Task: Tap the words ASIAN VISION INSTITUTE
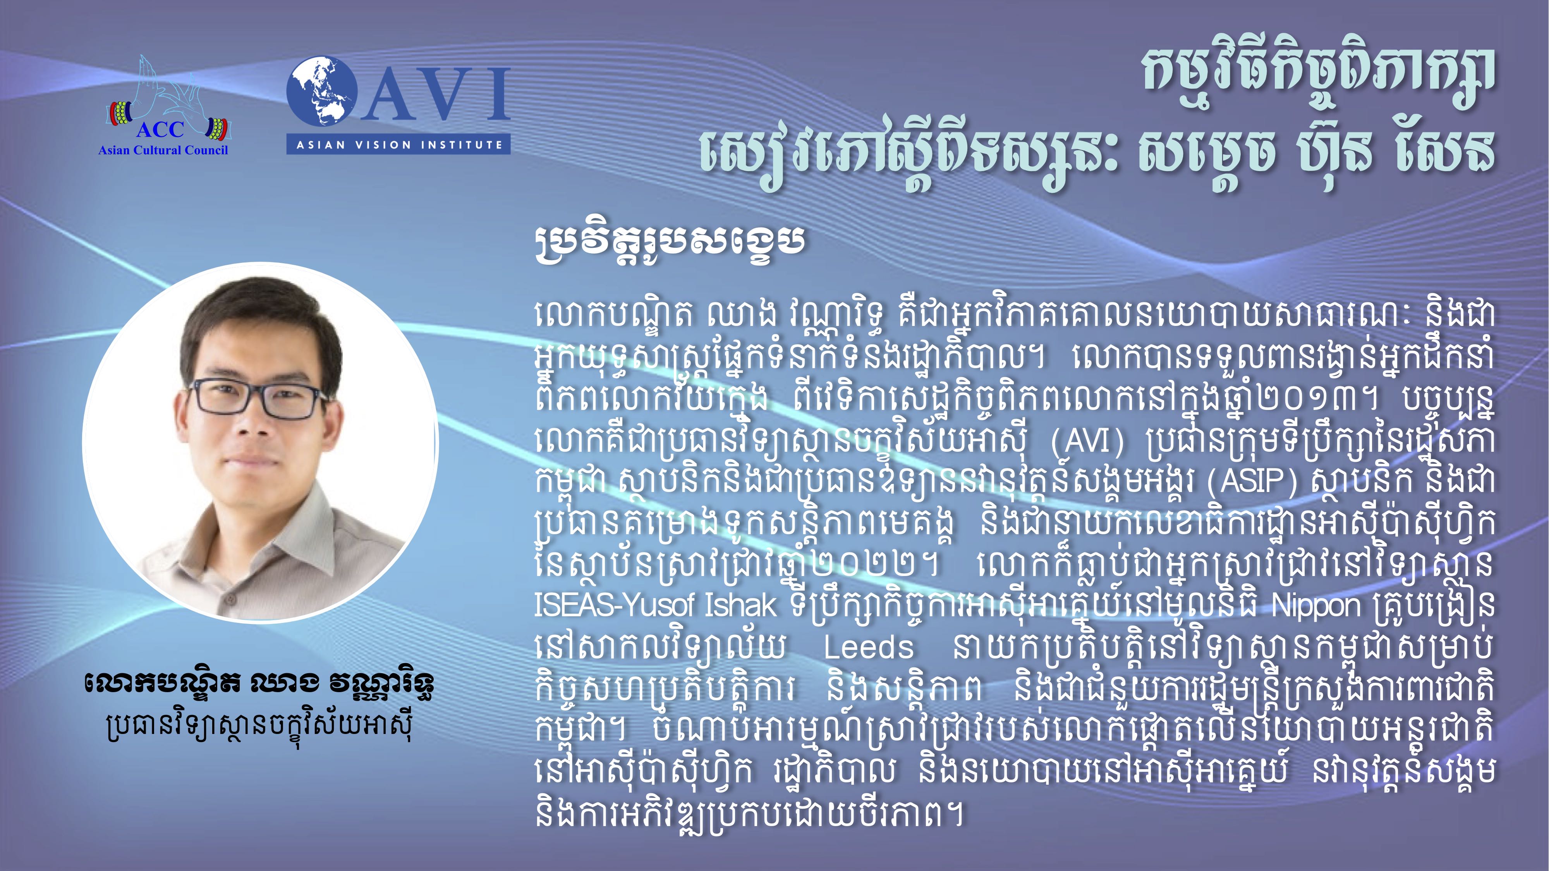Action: tap(399, 145)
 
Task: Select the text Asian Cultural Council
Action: tap(163, 150)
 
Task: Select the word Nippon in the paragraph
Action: tap(1316, 607)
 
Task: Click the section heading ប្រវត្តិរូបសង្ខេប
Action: tap(669, 242)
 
